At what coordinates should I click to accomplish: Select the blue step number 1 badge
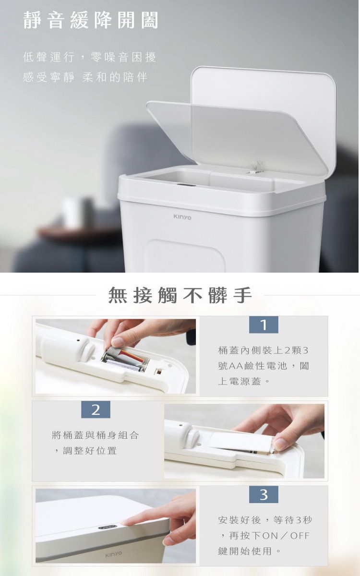pos(264,325)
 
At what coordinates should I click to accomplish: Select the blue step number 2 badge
pos(96,409)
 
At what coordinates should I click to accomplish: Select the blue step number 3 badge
pos(264,494)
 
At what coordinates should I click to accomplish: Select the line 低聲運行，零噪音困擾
pos(89,59)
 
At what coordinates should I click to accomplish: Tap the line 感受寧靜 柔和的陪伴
pos(85,77)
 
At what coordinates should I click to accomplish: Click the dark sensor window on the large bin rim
pos(186,185)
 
